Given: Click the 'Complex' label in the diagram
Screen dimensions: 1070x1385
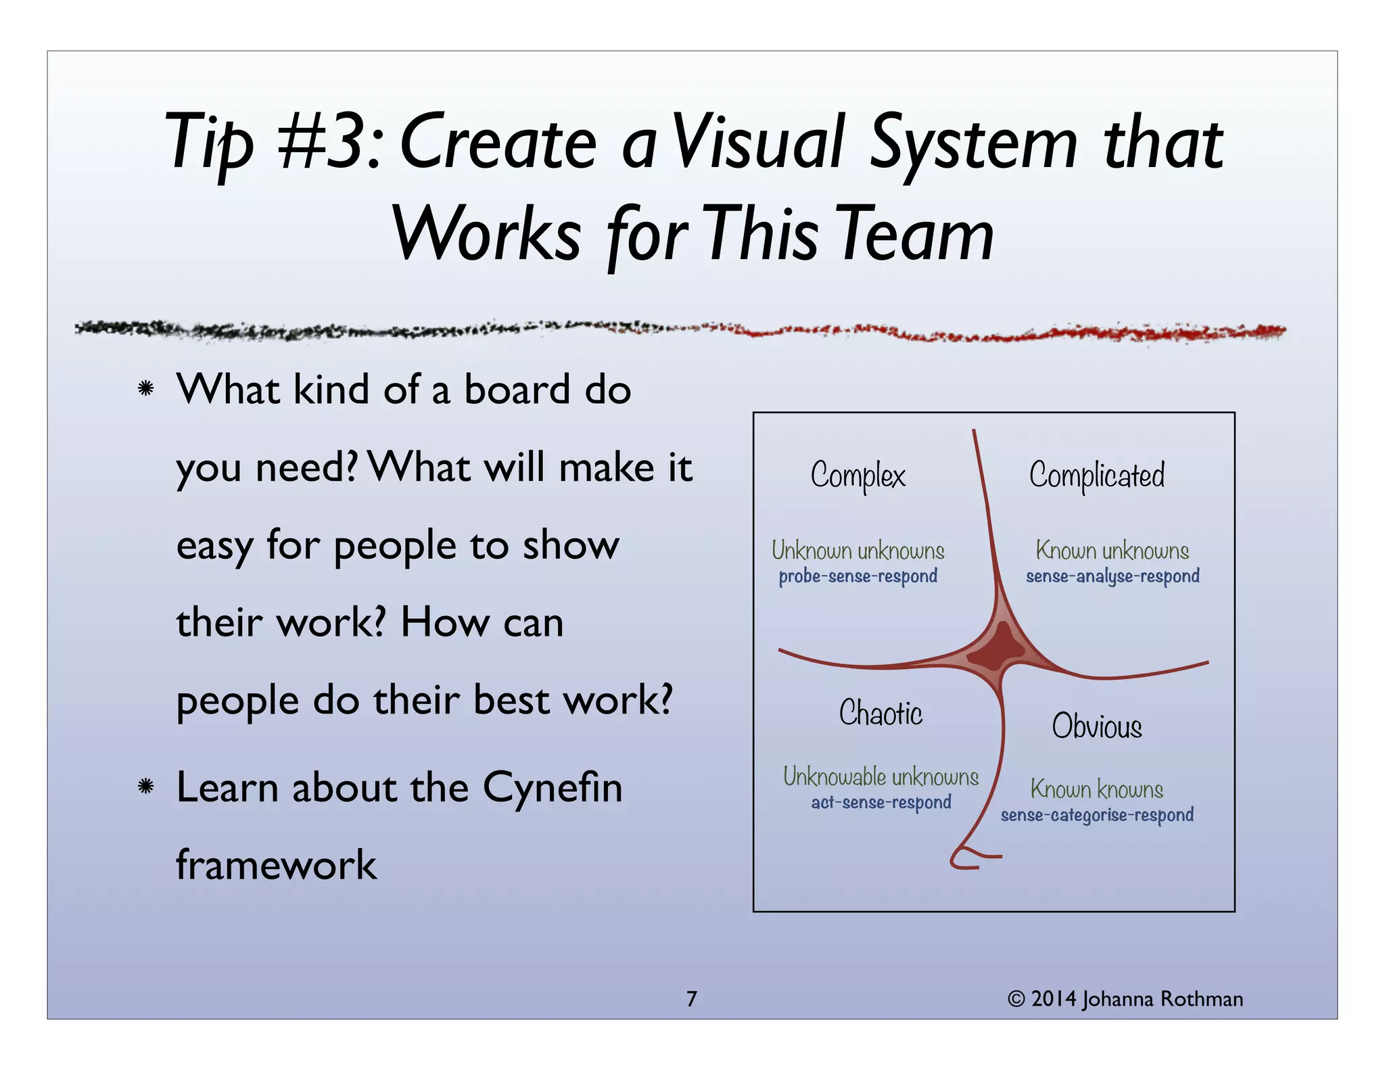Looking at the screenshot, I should click(x=858, y=475).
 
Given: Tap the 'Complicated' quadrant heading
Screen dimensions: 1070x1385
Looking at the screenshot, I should click(x=1096, y=475).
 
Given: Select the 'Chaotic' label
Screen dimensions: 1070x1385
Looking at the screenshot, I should click(x=881, y=714).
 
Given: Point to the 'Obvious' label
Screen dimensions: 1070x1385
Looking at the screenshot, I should click(x=1096, y=726).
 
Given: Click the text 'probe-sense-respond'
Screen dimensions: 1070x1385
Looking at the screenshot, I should click(x=858, y=576).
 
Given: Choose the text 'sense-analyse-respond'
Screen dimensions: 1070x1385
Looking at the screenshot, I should click(x=1112, y=576).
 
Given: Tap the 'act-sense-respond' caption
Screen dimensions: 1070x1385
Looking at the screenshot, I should click(x=881, y=803).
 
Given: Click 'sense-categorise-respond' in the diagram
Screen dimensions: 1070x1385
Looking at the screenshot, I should click(x=1096, y=815).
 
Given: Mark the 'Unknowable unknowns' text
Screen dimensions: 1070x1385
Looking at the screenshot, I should click(x=881, y=776).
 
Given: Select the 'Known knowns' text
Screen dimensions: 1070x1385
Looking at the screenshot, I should click(x=1096, y=789).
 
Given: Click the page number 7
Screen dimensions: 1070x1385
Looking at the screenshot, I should click(x=691, y=999).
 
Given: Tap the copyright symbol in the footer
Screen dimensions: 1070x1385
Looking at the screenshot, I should click(x=1016, y=999).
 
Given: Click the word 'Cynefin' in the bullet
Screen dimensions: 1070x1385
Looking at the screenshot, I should click(x=552, y=788).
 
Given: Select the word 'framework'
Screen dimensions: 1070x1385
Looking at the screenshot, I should click(x=276, y=865).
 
